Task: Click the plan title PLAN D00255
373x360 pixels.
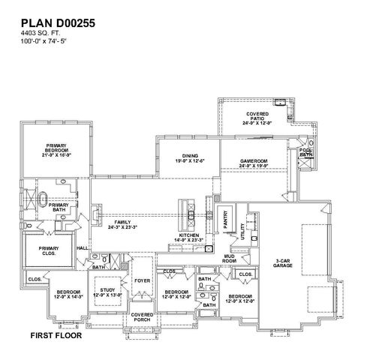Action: pyautogui.click(x=58, y=24)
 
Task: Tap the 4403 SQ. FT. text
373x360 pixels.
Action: pyautogui.click(x=40, y=34)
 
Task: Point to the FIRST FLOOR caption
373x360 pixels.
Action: pyautogui.click(x=56, y=335)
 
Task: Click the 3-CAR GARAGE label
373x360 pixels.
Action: pyautogui.click(x=283, y=262)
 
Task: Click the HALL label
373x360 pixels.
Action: pyautogui.click(x=83, y=248)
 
